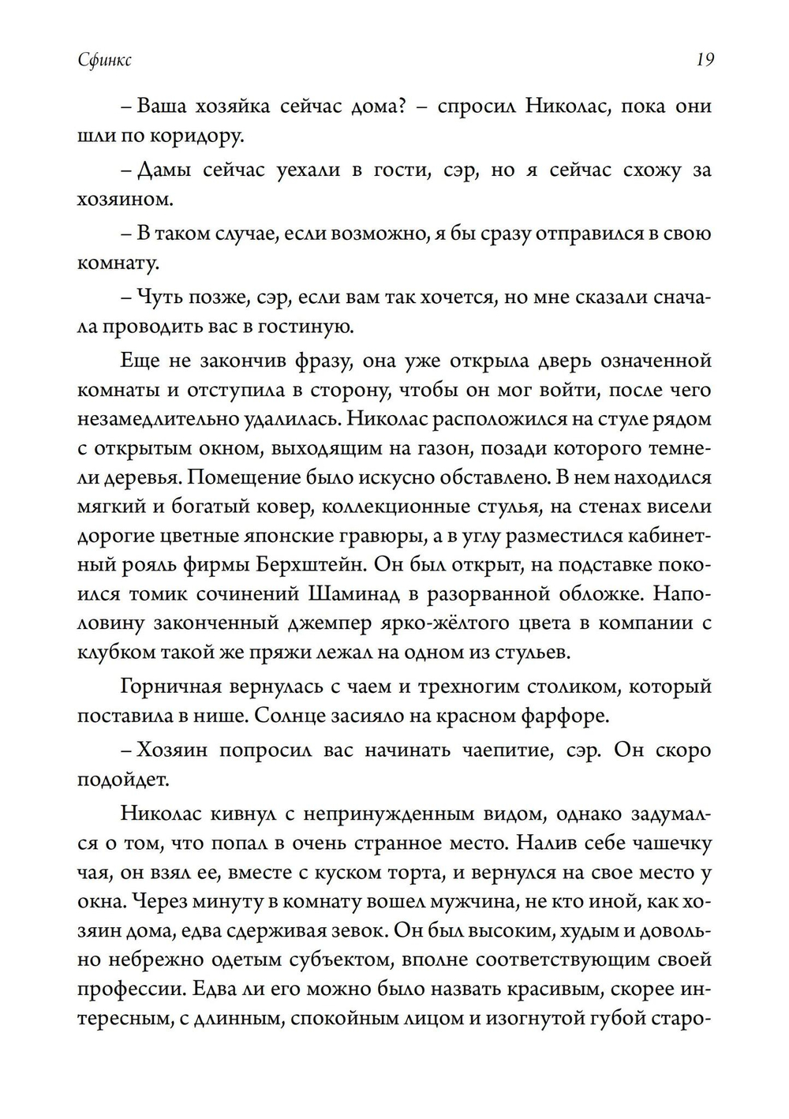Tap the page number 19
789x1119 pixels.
pos(704,59)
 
